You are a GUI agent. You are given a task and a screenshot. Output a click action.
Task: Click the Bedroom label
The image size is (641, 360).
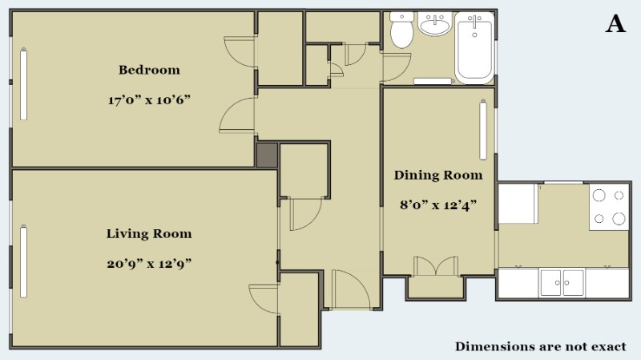149,70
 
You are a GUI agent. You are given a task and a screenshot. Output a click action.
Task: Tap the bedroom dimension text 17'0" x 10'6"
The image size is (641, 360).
149,99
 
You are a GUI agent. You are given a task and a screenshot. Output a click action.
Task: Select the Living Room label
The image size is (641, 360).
149,233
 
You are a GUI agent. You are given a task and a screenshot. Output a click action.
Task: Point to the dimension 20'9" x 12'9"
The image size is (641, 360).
149,264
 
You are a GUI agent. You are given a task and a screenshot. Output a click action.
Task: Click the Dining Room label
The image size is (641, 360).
438,175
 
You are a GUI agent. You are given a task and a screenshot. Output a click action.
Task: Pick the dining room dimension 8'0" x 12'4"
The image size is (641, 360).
438,204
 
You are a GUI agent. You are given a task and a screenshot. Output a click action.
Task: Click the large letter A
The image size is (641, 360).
615,24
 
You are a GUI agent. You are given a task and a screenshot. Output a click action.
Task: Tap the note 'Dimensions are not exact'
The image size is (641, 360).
540,346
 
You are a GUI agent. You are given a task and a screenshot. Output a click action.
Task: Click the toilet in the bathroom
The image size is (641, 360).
402,30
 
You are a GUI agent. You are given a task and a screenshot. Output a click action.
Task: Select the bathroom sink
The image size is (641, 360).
435,24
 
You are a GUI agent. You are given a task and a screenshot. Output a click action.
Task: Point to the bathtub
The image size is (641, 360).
474,47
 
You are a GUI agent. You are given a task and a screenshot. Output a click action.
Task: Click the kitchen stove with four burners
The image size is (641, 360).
609,207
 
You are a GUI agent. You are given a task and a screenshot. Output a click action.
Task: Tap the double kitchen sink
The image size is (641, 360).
562,283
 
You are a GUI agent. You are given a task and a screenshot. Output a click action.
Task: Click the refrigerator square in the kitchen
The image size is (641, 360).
518,204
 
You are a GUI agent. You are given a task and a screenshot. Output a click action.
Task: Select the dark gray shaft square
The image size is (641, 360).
267,155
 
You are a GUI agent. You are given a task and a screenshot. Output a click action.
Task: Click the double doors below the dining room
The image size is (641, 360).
436,266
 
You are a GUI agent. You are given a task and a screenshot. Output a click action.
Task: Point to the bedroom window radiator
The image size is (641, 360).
24,84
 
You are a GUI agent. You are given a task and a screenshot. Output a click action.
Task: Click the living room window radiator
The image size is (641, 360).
24,261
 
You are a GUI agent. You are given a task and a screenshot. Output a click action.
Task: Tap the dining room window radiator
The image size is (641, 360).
483,129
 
